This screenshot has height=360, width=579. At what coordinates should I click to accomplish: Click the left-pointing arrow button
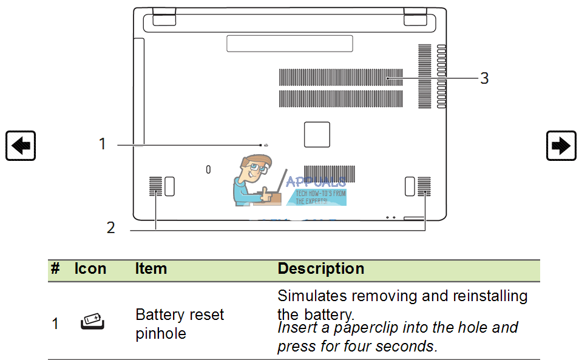(x=21, y=146)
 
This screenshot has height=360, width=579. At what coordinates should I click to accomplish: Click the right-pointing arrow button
(x=561, y=146)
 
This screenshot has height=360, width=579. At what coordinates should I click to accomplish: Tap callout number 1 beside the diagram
(x=103, y=144)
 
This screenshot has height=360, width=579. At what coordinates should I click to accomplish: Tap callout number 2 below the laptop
(x=110, y=228)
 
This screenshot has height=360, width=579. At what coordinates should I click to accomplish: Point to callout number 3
(x=484, y=78)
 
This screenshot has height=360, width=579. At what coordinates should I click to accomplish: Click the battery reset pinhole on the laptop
(x=261, y=145)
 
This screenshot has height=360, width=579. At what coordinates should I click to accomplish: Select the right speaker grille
(x=424, y=186)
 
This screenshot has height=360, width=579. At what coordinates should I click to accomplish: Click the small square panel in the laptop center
(x=317, y=134)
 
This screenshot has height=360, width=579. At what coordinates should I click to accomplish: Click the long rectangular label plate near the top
(x=289, y=43)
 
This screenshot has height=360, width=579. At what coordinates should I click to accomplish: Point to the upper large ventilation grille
(x=340, y=78)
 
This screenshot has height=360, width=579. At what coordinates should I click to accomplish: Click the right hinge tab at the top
(x=416, y=17)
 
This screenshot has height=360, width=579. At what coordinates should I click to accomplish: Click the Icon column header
(x=90, y=269)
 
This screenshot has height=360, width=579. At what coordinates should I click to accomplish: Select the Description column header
(x=321, y=269)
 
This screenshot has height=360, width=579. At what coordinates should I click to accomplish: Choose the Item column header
(x=151, y=269)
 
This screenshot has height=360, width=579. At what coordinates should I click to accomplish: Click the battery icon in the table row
(x=92, y=322)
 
